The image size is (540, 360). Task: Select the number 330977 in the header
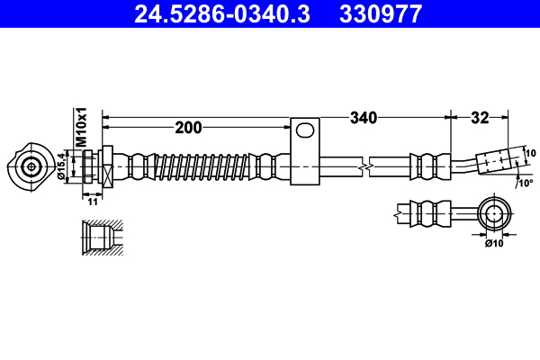point(378,13)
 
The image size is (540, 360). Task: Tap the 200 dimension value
point(188,128)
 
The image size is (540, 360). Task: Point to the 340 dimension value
point(364,117)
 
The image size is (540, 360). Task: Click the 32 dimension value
point(480,117)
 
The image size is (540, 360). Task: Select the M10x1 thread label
point(80,127)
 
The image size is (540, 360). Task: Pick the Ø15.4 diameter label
point(62,166)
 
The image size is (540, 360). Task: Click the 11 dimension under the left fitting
point(93,202)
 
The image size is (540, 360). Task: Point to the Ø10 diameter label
point(494,242)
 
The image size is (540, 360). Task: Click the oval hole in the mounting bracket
point(306,131)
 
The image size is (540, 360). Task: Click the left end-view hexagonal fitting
point(32,166)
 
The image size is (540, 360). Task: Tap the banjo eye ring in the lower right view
point(494,214)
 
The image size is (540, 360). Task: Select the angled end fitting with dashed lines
point(499,160)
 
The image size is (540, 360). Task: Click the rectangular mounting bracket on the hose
point(306,152)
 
